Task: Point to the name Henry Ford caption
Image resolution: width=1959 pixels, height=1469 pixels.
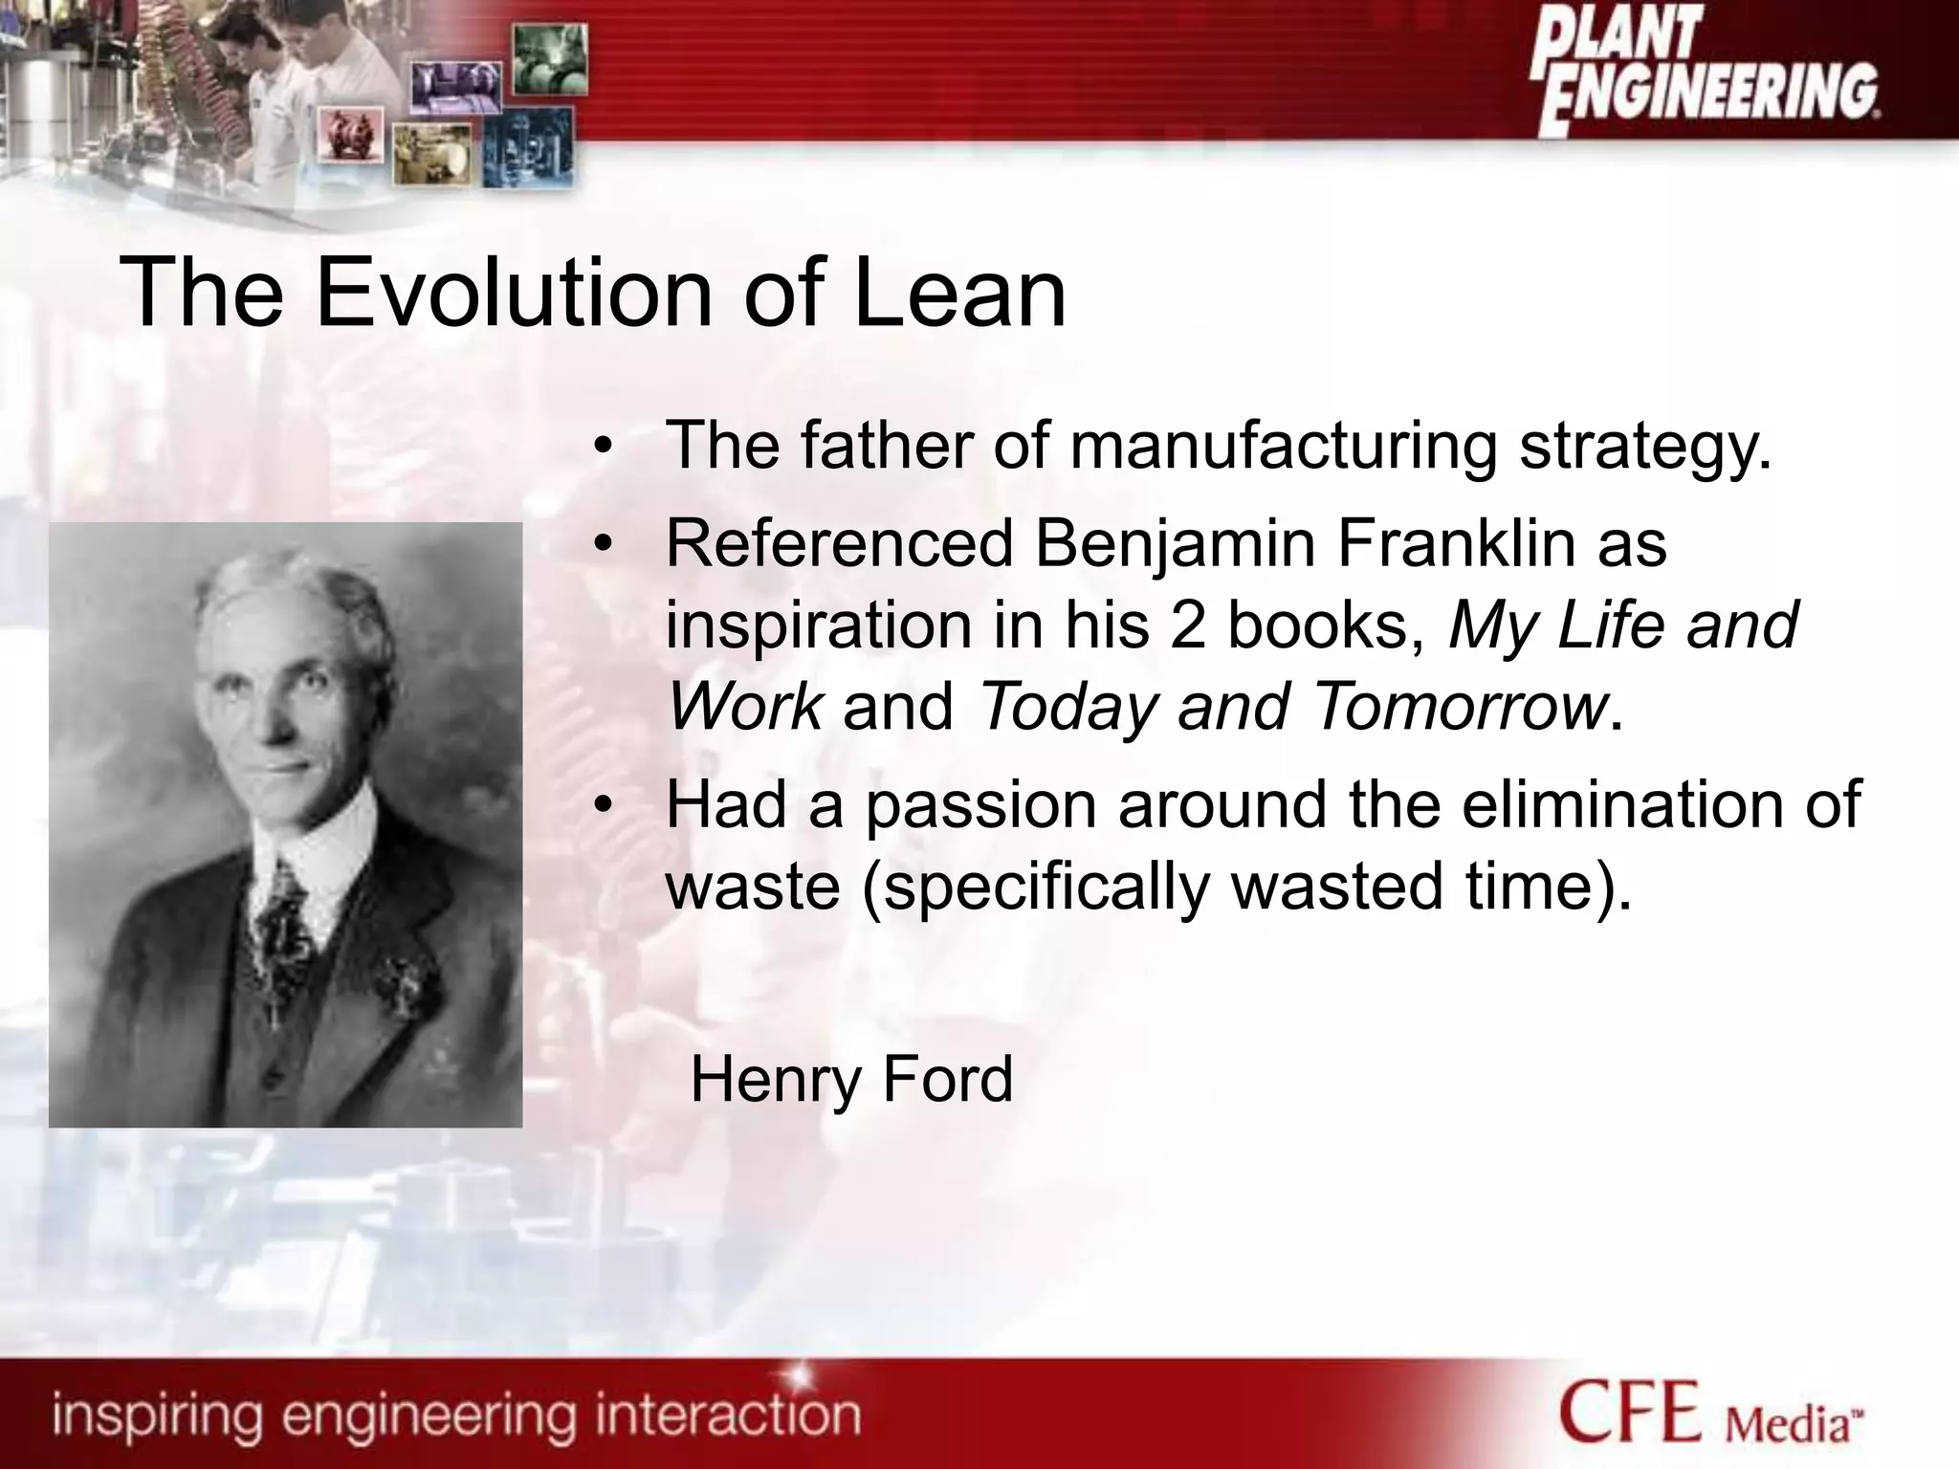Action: [x=851, y=1079]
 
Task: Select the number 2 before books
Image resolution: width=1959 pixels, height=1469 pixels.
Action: [x=1187, y=625]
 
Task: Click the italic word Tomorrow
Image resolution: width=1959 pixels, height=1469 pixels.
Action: [x=1459, y=706]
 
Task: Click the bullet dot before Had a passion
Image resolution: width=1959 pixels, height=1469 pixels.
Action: [x=601, y=805]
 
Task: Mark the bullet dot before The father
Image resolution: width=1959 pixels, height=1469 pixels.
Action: [x=601, y=447]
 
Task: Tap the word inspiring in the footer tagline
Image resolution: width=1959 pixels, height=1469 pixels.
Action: [x=157, y=1414]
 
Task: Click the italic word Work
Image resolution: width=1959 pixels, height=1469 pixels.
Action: [x=744, y=706]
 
